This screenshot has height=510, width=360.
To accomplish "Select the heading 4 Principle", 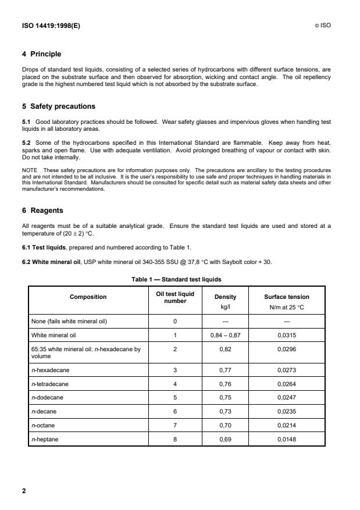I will (x=41, y=54).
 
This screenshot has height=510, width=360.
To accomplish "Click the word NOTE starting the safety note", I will (x=28, y=169).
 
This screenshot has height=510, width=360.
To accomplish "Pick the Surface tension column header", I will (x=287, y=297).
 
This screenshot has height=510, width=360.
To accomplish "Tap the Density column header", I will (x=226, y=297).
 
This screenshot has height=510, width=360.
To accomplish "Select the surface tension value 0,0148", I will (x=287, y=440).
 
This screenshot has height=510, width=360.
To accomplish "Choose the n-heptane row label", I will (x=44, y=440).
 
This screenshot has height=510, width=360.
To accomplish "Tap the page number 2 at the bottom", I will (x=24, y=491).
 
